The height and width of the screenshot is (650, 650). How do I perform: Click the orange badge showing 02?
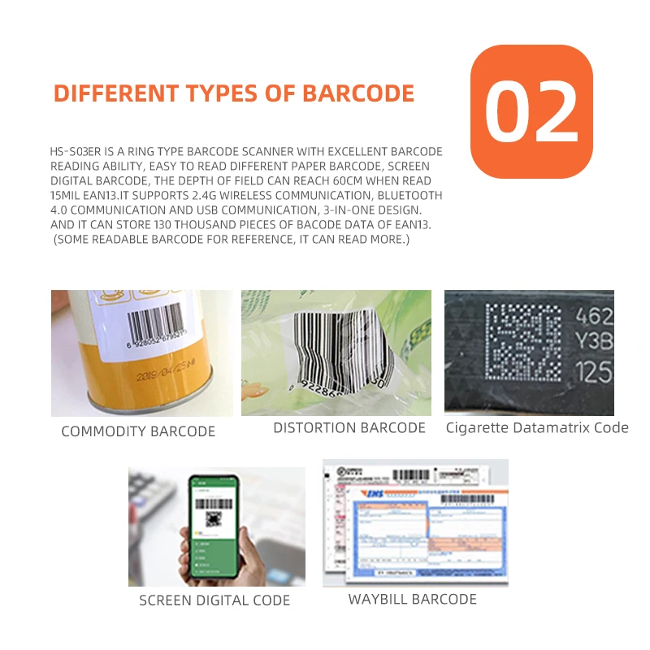(x=531, y=111)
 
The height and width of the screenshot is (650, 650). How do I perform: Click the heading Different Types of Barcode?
(x=234, y=93)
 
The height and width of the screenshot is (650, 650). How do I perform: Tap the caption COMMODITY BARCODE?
(x=138, y=431)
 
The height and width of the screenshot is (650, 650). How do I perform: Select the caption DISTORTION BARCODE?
(x=349, y=427)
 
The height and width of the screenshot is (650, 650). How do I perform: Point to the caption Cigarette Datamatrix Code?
(x=537, y=427)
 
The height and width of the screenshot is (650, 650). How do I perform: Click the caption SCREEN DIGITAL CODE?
(x=214, y=600)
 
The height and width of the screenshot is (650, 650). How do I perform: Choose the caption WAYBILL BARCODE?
(x=412, y=599)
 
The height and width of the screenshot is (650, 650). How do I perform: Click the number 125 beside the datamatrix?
(x=593, y=372)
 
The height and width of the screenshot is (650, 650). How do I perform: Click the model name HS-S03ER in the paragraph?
(x=73, y=152)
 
